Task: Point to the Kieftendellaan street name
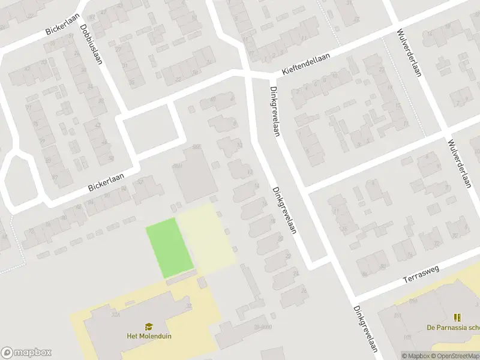click(311, 62)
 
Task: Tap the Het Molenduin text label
click(149, 336)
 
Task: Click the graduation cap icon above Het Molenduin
click(149, 326)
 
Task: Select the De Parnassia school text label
click(453, 328)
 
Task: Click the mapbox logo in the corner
click(26, 353)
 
